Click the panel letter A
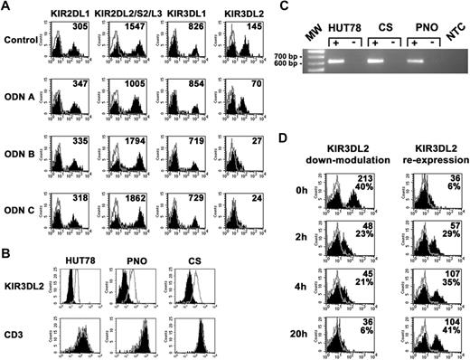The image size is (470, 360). point(6,7)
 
